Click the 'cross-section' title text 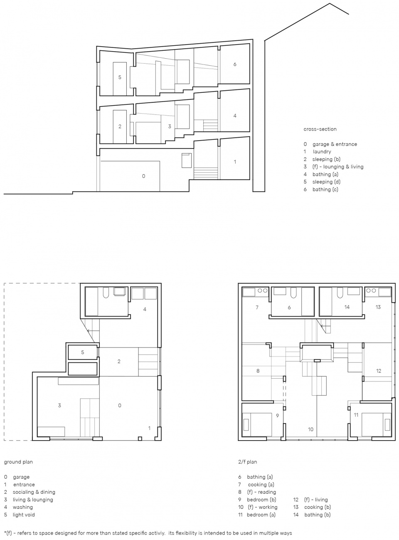click(320, 129)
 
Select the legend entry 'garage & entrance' click(335, 144)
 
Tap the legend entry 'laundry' click(322, 152)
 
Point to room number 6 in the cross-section click(235, 64)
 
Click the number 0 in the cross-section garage click(143, 176)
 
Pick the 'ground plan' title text click(18, 462)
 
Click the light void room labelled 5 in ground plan click(83, 352)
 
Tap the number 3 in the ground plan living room click(59, 406)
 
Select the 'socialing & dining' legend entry click(34, 492)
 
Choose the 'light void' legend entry click(24, 515)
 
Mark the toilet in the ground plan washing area click(106, 293)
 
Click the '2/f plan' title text click(247, 462)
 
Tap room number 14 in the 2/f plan click(347, 307)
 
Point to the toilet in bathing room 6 click(293, 293)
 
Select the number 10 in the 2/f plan click(311, 429)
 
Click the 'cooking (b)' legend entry click(318, 507)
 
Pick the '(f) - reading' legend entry click(261, 492)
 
